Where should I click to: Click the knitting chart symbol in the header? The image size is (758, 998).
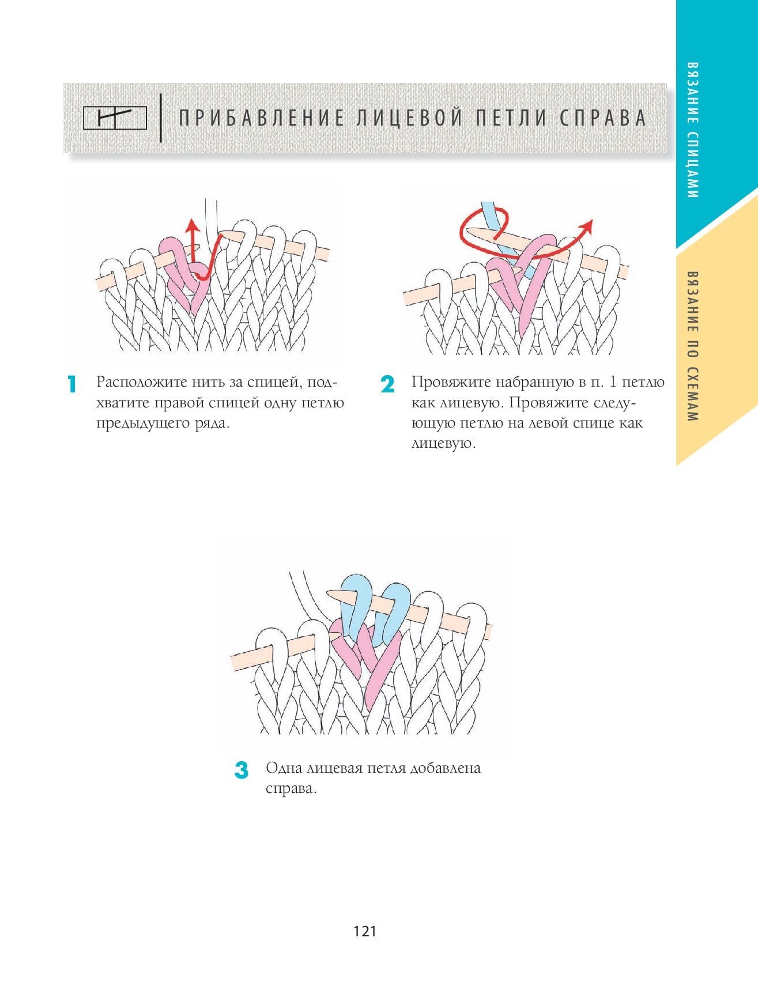click(x=115, y=119)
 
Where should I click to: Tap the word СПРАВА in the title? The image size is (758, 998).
click(x=603, y=118)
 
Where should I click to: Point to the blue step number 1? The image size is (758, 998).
click(x=72, y=384)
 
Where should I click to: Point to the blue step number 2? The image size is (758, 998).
click(x=387, y=384)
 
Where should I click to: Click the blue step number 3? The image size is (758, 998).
click(x=242, y=770)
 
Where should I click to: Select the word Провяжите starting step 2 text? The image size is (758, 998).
click(x=450, y=383)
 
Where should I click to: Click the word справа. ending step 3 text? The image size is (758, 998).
click(x=291, y=789)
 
